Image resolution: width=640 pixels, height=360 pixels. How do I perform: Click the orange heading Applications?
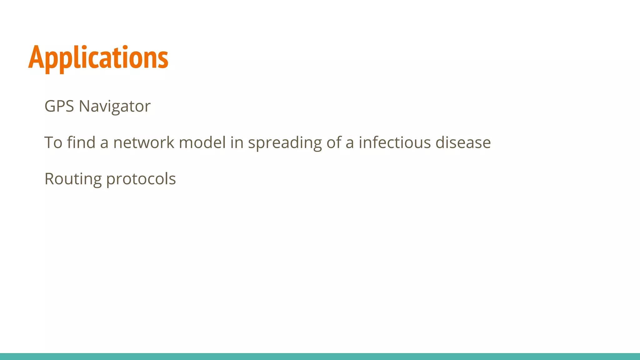pyautogui.click(x=98, y=58)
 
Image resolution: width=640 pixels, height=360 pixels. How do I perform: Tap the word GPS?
pyautogui.click(x=59, y=106)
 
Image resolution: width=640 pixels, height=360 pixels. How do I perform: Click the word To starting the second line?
pyautogui.click(x=53, y=142)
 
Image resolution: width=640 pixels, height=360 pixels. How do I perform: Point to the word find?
pyautogui.click(x=81, y=142)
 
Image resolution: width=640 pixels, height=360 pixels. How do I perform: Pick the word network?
pyautogui.click(x=143, y=142)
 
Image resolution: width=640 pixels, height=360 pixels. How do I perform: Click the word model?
pyautogui.click(x=202, y=142)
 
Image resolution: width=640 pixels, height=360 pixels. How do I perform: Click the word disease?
pyautogui.click(x=463, y=142)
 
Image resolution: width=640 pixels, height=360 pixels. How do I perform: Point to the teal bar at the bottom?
pyautogui.click(x=320, y=356)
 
